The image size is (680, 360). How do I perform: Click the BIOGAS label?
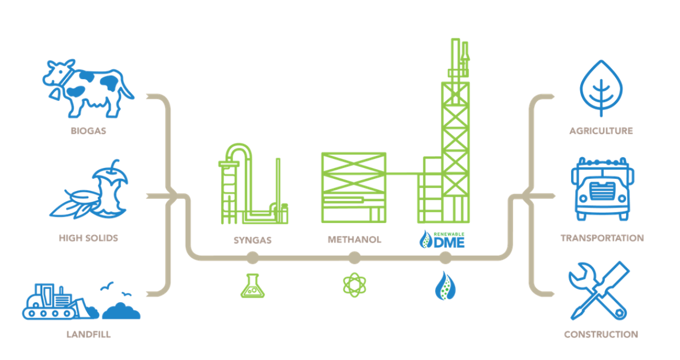88,131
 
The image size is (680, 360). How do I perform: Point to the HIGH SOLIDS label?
88,237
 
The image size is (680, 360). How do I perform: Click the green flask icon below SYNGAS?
252,285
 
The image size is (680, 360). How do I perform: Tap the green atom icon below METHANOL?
354,285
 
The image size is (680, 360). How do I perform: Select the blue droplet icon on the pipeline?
444,285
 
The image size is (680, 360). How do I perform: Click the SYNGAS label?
252,240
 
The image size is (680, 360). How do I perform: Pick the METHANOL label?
354,240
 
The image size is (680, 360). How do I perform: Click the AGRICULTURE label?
601,131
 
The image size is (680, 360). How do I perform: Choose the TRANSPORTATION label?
602,238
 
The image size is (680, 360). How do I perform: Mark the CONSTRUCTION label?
601,334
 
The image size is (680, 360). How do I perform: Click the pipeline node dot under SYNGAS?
252,259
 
